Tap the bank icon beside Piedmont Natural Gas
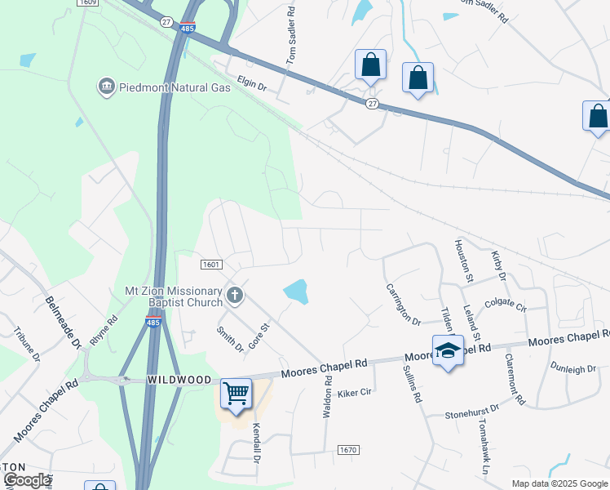tap(106, 87)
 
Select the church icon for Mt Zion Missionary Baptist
tap(235, 296)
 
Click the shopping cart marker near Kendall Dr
tap(236, 394)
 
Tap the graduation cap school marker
tap(447, 350)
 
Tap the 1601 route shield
tap(211, 264)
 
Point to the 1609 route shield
tap(89, 3)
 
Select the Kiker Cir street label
tap(355, 392)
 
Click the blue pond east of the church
tap(296, 292)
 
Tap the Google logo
tap(26, 480)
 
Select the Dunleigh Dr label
tap(573, 368)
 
